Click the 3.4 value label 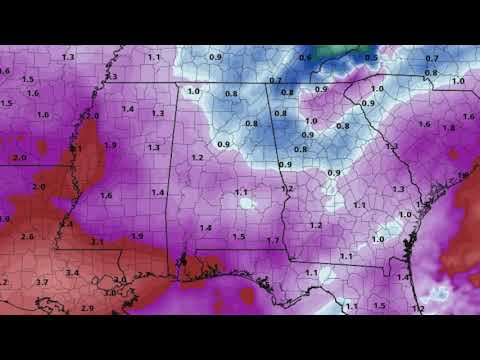[x=73, y=272]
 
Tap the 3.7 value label [x=42, y=284]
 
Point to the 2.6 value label [x=27, y=236]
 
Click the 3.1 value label [x=97, y=242]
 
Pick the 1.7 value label [x=273, y=241]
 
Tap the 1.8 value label [x=448, y=128]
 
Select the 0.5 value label [x=371, y=58]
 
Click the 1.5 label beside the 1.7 [x=238, y=237]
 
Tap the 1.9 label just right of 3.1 [x=137, y=236]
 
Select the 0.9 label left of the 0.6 [x=215, y=58]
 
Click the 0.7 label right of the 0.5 [x=431, y=58]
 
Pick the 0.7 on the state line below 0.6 [x=275, y=80]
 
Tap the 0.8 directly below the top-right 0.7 [x=431, y=72]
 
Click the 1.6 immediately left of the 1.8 [x=424, y=124]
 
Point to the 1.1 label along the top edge [x=153, y=58]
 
